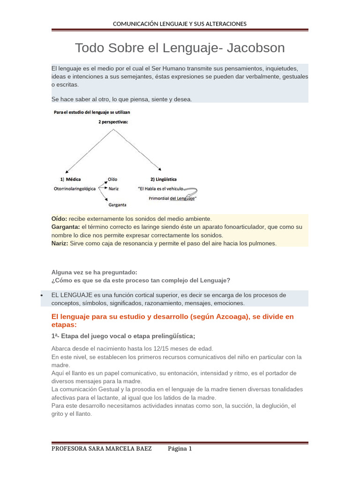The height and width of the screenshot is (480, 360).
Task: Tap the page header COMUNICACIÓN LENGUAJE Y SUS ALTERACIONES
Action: [180, 24]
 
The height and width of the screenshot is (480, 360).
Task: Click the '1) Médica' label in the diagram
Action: [70, 179]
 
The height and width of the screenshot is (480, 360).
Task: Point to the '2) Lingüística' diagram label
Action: [163, 179]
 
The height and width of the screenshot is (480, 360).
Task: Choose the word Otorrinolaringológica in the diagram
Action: [75, 188]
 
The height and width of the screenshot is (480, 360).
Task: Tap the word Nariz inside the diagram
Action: [113, 188]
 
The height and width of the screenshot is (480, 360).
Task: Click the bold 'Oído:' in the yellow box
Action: [60, 219]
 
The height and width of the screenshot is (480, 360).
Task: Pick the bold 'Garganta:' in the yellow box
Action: [66, 227]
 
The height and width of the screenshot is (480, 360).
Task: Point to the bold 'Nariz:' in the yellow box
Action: [60, 243]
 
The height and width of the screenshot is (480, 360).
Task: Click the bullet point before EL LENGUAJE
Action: [42, 296]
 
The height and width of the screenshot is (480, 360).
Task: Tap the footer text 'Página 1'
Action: [180, 449]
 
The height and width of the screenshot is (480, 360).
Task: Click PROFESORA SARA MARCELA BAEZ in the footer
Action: [101, 449]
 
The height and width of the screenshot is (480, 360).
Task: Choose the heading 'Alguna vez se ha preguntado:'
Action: [94, 272]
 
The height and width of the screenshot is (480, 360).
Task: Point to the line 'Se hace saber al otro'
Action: [121, 99]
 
